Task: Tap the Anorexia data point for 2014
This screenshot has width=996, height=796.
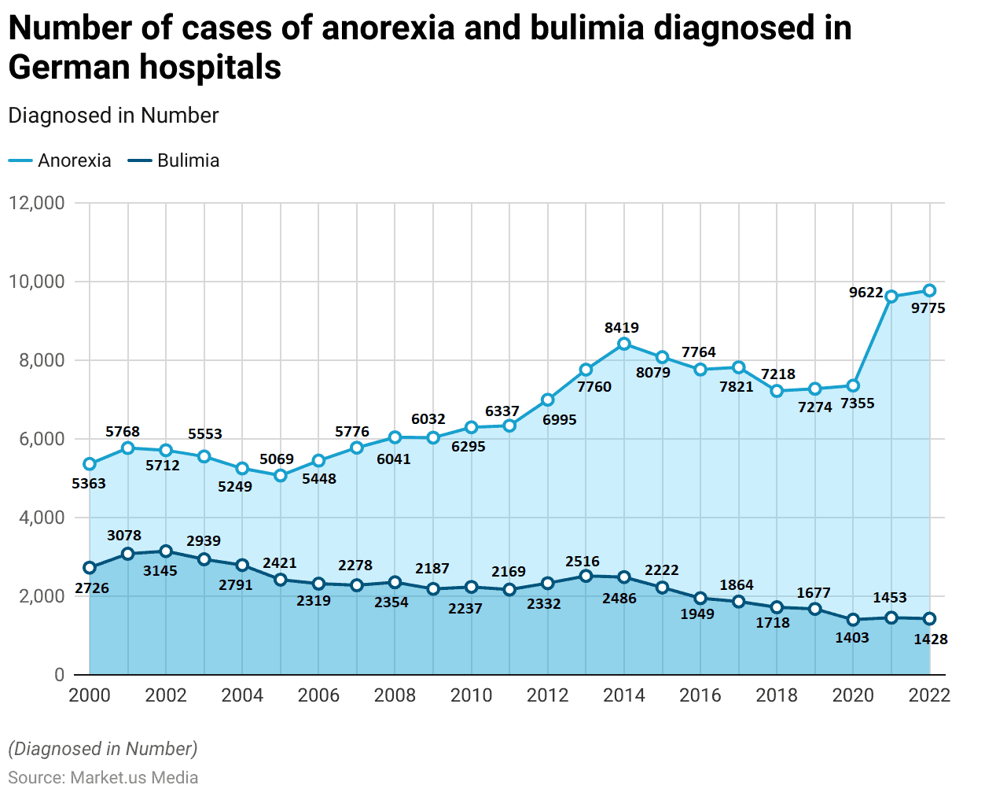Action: (x=624, y=344)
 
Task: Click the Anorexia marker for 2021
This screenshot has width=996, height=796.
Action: (x=891, y=297)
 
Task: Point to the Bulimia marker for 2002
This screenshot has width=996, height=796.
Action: (x=166, y=551)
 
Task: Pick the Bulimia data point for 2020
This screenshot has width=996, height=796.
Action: (x=853, y=620)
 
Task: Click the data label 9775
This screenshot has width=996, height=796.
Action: (x=928, y=308)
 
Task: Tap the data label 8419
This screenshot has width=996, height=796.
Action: (x=622, y=327)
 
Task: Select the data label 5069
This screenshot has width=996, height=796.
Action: (x=277, y=459)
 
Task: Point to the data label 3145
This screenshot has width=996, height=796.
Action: (x=160, y=570)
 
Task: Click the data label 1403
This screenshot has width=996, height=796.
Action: (x=852, y=637)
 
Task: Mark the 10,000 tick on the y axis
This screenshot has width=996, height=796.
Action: (x=36, y=282)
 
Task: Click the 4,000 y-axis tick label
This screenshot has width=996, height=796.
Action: (x=36, y=518)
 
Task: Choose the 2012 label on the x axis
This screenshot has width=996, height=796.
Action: (x=548, y=695)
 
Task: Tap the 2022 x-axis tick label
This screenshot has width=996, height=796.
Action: (x=929, y=695)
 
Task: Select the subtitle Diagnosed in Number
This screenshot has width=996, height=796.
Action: (x=113, y=116)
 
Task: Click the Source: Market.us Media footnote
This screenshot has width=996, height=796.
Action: (x=103, y=777)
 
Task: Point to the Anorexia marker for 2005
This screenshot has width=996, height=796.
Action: (x=281, y=475)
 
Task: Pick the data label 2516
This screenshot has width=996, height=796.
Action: (x=583, y=562)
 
